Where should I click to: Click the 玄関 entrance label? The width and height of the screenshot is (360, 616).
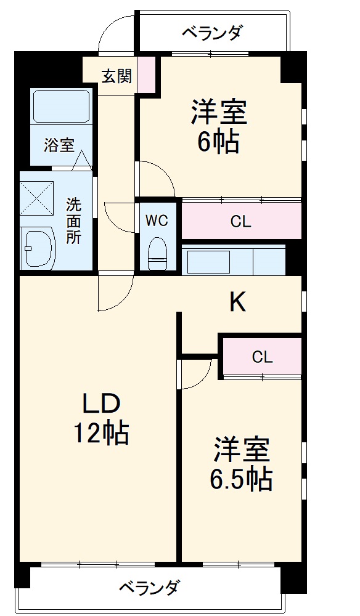tap(116, 76)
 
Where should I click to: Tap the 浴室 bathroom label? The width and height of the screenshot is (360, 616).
tap(59, 145)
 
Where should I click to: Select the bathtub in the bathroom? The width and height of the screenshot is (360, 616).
tap(62, 107)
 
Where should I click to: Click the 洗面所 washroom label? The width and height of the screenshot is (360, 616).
tap(73, 221)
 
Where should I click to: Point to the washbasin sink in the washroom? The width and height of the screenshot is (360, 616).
tap(38, 246)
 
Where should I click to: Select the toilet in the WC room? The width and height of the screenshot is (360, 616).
tap(158, 253)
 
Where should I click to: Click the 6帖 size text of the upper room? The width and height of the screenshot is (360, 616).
tap(218, 143)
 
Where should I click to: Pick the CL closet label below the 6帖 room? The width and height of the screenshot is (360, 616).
tap(241, 222)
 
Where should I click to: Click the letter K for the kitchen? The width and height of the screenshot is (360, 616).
tap(238, 302)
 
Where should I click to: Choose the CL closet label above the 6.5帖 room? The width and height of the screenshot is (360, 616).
tap(262, 357)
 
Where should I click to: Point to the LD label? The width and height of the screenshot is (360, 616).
tap(101, 404)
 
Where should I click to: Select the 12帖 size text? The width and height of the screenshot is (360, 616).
tap(101, 434)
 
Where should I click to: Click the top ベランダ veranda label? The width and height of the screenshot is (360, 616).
tap(212, 32)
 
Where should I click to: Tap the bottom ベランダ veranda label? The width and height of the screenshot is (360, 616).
tap(150, 587)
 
